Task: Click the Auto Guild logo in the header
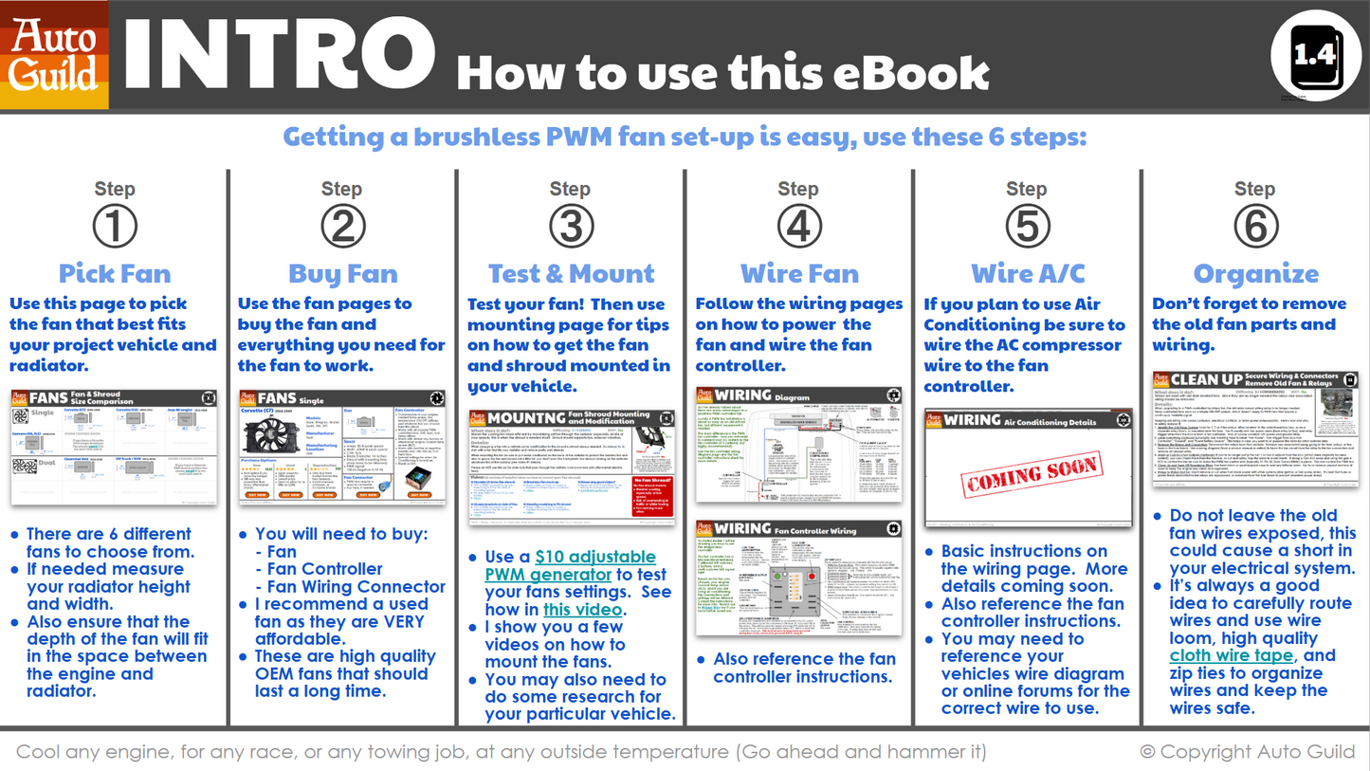[55, 55]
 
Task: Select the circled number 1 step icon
[115, 227]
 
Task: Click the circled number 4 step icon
[798, 227]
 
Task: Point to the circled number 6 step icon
[1254, 227]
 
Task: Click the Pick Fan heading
[115, 274]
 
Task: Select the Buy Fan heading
[342, 274]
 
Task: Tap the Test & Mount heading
[571, 274]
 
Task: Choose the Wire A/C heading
[1028, 274]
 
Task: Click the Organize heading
[1255, 274]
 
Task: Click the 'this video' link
[582, 609]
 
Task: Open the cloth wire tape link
[1231, 655]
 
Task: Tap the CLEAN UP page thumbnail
[1255, 429]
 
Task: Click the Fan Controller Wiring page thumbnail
[798, 579]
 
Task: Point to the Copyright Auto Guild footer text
[1247, 752]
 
